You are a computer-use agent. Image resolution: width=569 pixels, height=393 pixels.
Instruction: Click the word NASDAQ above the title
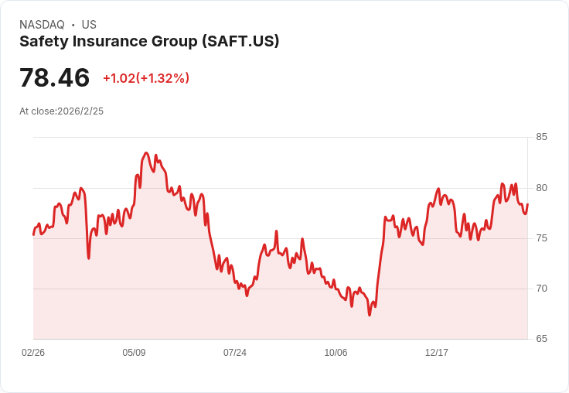tap(42, 25)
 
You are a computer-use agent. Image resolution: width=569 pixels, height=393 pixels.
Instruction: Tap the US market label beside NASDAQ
tap(89, 25)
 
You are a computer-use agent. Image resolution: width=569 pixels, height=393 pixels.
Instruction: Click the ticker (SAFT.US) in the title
tap(240, 41)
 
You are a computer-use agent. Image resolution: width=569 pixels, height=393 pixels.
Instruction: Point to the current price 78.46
tap(54, 77)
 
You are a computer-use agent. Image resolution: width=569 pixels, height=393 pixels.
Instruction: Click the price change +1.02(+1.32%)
tap(146, 78)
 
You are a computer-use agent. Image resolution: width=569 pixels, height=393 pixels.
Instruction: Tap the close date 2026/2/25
tap(80, 111)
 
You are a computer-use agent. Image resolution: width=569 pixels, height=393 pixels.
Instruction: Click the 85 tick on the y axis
tap(541, 137)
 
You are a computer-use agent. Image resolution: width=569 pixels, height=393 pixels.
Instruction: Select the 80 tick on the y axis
tap(541, 188)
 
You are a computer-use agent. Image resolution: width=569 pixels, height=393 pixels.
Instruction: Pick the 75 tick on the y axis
tap(541, 238)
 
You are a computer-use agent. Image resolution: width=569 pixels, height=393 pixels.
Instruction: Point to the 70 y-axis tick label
tap(541, 289)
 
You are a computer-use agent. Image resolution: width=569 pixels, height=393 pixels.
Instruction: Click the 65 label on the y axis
tap(541, 339)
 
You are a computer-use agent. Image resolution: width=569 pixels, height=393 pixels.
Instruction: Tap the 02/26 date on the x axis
tap(33, 352)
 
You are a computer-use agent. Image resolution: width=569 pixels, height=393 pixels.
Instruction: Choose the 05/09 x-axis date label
tap(134, 352)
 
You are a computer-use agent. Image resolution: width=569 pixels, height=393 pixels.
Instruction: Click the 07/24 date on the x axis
tap(235, 352)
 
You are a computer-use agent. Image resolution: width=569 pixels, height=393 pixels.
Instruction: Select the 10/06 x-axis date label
tap(336, 352)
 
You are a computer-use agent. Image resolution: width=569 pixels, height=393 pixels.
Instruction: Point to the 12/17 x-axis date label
tap(437, 352)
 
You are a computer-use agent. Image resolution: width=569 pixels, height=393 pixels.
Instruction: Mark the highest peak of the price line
tap(146, 153)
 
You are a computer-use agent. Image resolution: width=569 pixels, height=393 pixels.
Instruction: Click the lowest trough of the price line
tap(370, 315)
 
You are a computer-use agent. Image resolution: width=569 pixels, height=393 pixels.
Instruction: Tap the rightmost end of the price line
tap(527, 204)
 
